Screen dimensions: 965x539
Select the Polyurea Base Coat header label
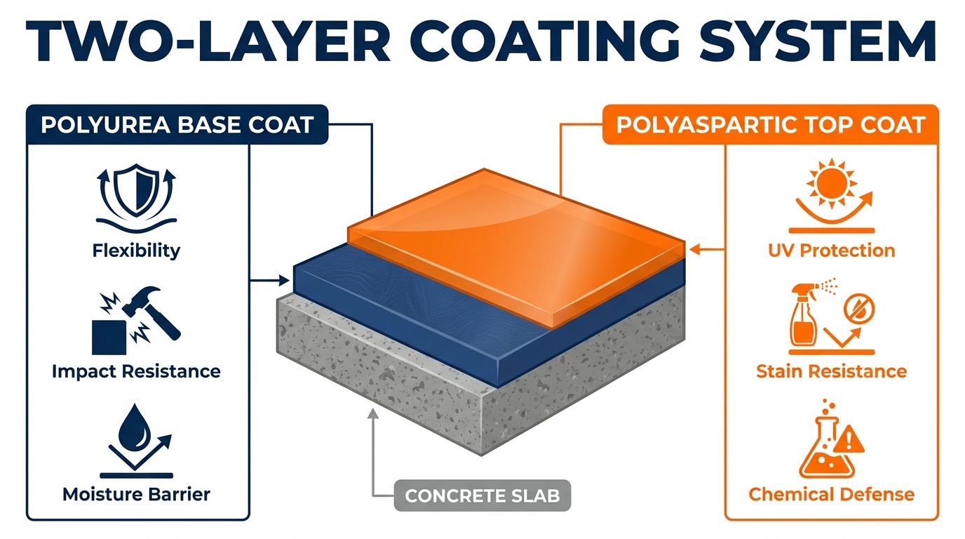click(177, 125)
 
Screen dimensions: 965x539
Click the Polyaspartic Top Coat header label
click(770, 125)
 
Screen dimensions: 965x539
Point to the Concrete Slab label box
click(482, 495)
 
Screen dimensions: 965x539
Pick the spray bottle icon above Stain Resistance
click(802, 315)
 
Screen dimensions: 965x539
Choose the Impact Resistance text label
click(136, 371)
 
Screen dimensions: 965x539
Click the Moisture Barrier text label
click(136, 494)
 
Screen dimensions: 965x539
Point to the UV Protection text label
click(832, 251)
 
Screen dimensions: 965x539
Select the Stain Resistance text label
click(832, 371)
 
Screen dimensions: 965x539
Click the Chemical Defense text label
click(832, 494)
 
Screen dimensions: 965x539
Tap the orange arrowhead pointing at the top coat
click(694, 249)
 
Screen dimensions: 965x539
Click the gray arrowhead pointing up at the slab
click(374, 414)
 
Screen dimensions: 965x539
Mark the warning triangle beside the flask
click(849, 439)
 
